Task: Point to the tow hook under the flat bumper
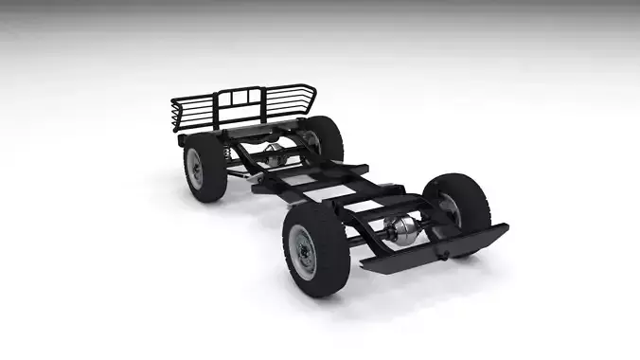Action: [x=439, y=254]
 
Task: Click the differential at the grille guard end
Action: [x=276, y=154]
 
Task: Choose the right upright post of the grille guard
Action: [x=258, y=105]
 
